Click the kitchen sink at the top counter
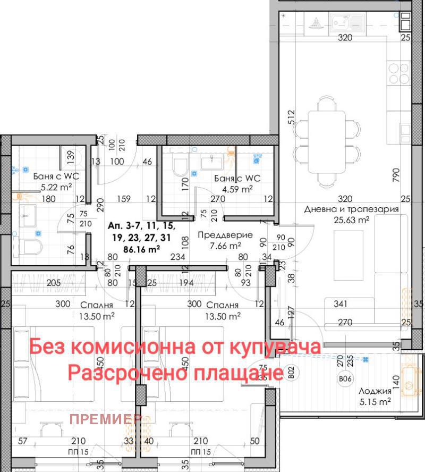[x=346, y=23]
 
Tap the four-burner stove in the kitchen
[x=399, y=73]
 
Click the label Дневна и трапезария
[x=352, y=209]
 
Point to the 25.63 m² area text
[x=351, y=220]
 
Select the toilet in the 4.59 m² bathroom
[x=180, y=166]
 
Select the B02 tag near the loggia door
[x=291, y=373]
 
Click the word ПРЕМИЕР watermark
[x=105, y=419]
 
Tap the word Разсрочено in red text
[x=127, y=373]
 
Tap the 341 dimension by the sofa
[x=341, y=305]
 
